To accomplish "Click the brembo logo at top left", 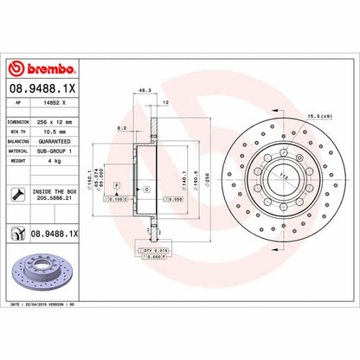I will click(41, 67).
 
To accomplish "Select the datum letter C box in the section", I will click(146, 188).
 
